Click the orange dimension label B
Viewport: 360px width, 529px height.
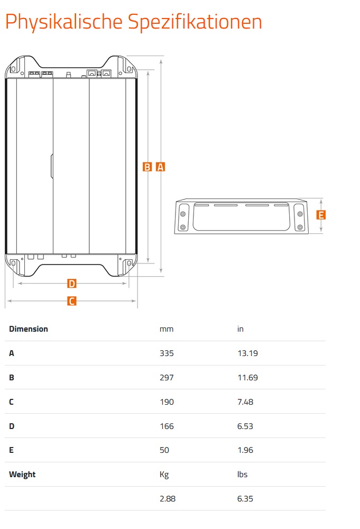point(147,167)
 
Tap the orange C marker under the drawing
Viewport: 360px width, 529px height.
point(71,301)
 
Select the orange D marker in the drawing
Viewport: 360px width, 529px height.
point(72,284)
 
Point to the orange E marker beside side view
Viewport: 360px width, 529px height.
point(320,215)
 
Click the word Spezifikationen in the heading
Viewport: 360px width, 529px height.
point(195,22)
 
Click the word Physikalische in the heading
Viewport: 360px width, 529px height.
point(64,22)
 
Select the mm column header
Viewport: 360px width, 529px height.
point(167,329)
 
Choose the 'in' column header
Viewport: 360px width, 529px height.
point(241,329)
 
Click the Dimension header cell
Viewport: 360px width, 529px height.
point(29,329)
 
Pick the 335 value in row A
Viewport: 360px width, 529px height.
point(167,353)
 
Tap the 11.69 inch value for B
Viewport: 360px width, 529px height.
point(247,378)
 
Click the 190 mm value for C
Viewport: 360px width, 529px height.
point(167,402)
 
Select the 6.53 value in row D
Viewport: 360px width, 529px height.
point(245,426)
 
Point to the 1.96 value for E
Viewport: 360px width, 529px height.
point(245,450)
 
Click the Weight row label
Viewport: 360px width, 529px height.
point(22,475)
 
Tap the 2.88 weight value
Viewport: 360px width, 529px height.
point(168,498)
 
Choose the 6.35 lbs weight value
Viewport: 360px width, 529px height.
point(245,498)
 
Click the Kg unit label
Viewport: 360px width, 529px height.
point(164,475)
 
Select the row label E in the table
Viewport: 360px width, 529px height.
point(11,450)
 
